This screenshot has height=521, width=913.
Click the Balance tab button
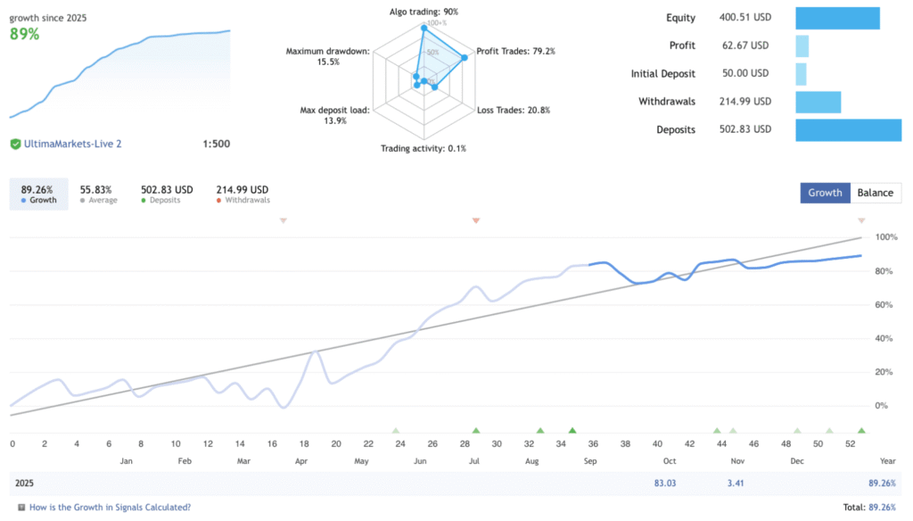coord(876,193)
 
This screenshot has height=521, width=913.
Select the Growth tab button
coord(826,193)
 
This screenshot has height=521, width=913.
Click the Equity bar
coord(837,18)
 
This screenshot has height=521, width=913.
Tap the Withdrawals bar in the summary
coord(818,102)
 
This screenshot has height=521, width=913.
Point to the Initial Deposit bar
coord(801,74)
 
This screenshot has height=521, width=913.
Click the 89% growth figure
coord(25,34)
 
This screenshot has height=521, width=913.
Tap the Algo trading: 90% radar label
coord(424,12)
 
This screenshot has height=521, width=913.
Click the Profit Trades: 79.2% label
coord(515,52)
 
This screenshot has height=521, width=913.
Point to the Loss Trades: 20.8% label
coord(514,111)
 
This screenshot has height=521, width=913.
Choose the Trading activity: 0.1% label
coord(424,148)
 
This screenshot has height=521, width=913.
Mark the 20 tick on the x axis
coord(336,443)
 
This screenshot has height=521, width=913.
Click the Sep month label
coord(590,461)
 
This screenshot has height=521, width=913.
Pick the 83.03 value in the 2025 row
coord(665,484)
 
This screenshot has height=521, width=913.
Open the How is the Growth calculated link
coord(110,508)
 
